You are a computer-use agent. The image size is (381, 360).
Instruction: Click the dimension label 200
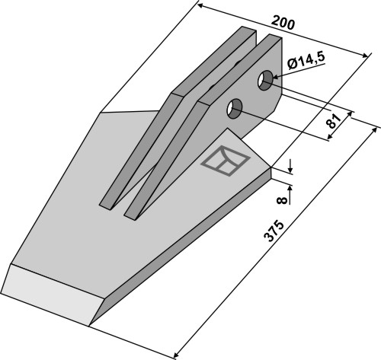coord(283,24)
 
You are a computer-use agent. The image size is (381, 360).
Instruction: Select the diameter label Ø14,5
coord(306,61)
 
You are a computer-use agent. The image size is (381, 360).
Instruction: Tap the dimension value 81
coord(333,121)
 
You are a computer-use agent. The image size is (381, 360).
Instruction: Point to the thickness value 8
coord(282,200)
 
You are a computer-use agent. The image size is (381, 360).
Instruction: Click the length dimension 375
coord(274,231)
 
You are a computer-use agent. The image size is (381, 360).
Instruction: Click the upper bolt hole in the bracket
coord(265,80)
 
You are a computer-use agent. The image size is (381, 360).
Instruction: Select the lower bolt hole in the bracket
coord(235,108)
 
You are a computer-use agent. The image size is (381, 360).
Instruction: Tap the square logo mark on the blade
coord(225,161)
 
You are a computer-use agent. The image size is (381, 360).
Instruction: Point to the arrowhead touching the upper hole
coord(277,77)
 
